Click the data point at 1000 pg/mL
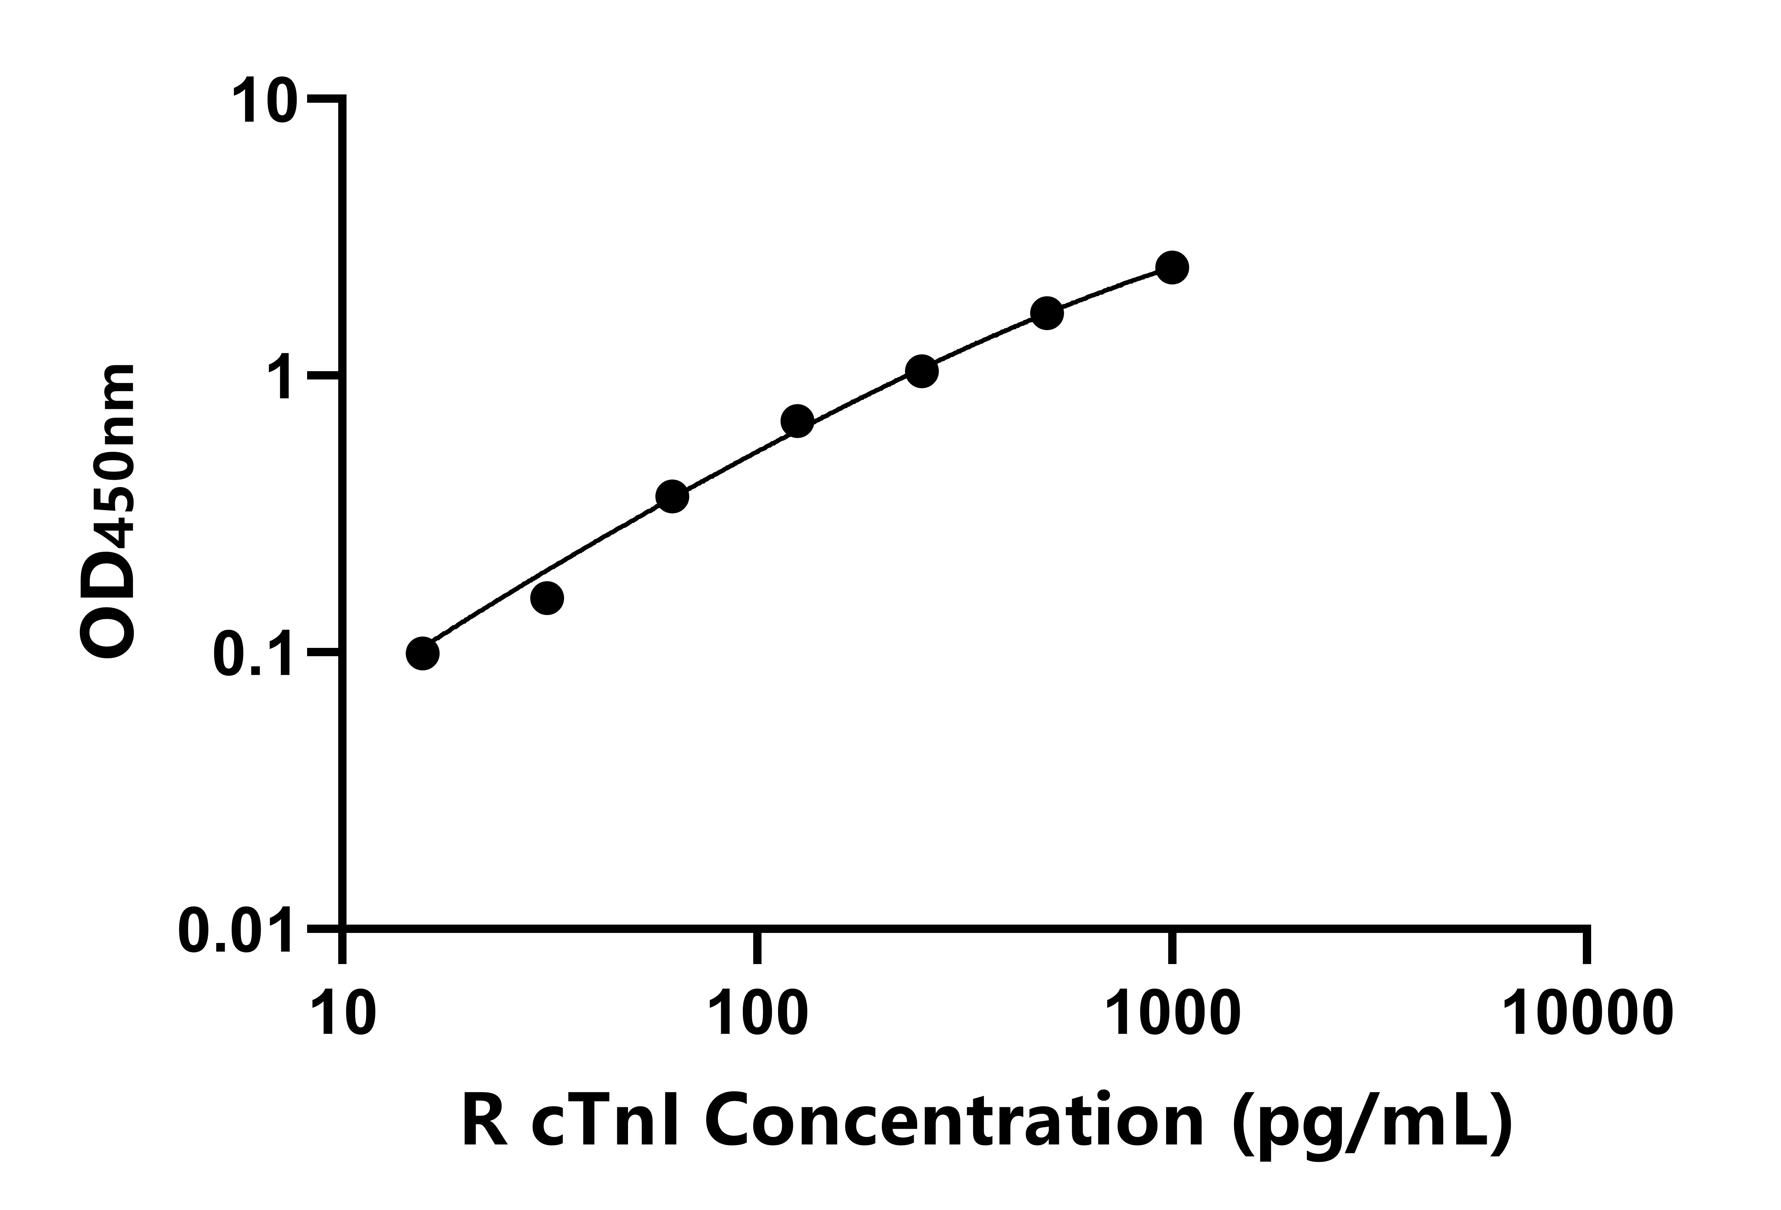(1172, 267)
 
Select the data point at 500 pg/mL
(1047, 313)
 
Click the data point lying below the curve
(547, 598)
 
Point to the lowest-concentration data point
(422, 654)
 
